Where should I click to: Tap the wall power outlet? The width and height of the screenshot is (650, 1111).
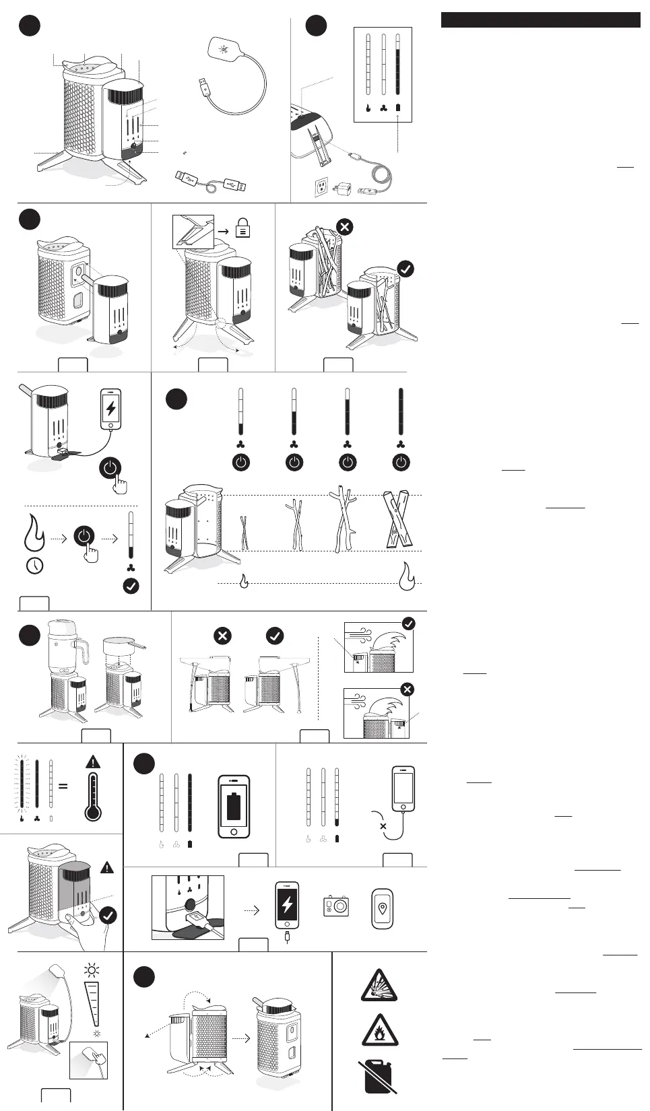tap(322, 188)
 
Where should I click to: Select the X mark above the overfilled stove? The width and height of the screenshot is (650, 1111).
tap(345, 226)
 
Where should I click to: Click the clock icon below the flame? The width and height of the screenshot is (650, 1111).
tap(34, 566)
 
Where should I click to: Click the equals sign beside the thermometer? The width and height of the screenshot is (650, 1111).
tap(63, 786)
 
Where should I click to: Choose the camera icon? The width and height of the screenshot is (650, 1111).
tap(335, 906)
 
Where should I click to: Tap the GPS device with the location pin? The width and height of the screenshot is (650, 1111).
tap(383, 908)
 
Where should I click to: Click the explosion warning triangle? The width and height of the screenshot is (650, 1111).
tap(379, 986)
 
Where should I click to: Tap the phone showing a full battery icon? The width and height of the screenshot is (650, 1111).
tap(234, 807)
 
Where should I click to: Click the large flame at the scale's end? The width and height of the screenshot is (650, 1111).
tap(407, 576)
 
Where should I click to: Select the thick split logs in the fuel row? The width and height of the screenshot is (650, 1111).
tap(397, 519)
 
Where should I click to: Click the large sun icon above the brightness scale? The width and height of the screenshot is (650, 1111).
tap(92, 970)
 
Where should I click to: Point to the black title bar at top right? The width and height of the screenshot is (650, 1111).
tap(540, 20)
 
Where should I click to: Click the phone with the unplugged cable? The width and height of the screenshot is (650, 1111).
tap(403, 788)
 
